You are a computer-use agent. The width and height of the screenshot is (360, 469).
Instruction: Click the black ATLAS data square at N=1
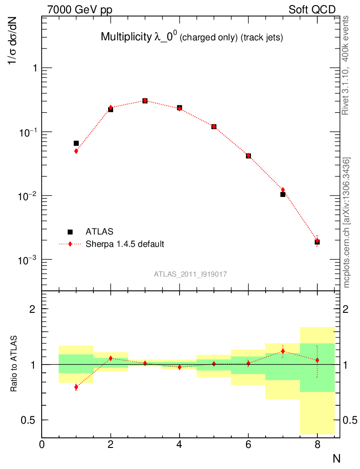pos(76,143)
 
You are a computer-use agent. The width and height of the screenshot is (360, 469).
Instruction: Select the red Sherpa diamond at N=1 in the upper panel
pos(76,151)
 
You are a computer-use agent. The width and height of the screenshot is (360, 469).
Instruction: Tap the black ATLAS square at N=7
pos(283,194)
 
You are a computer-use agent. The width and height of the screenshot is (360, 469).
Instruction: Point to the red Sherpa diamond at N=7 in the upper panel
pos(283,190)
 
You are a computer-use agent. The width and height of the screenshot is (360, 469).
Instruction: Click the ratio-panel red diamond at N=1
pos(76,387)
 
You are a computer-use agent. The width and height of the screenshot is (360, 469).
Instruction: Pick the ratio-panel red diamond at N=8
pos(317,360)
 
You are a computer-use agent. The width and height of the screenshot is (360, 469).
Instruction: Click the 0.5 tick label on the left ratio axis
pos(30,420)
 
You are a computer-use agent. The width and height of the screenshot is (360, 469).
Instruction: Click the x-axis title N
pos(336,458)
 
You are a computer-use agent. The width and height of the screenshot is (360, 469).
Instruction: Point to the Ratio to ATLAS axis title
pos(14,364)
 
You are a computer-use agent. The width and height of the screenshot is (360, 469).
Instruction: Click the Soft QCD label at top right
pos(311,10)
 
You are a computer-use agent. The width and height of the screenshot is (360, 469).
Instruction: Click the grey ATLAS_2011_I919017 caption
pos(191,274)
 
